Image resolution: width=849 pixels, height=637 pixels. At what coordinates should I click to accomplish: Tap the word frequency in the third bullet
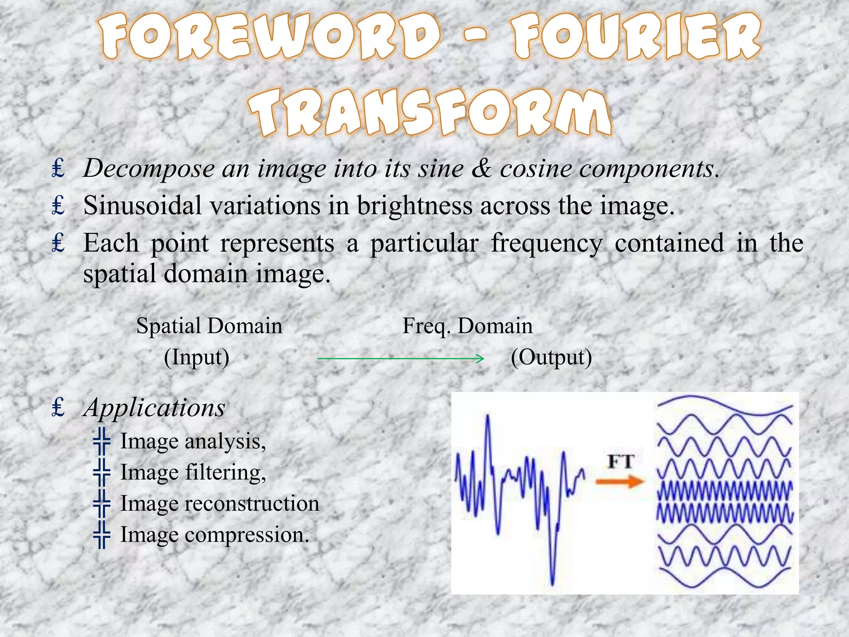click(x=547, y=243)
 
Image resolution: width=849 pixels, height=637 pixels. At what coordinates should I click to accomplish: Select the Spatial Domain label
click(x=209, y=326)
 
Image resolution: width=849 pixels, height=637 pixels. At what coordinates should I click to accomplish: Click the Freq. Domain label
click(x=468, y=326)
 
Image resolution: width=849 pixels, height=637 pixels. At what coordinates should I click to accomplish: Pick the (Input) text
click(x=196, y=357)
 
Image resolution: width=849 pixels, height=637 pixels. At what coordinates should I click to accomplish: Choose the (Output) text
click(x=551, y=357)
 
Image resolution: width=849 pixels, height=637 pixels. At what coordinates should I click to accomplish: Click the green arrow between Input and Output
click(x=400, y=358)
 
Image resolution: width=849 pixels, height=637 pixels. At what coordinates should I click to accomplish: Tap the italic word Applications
click(x=154, y=408)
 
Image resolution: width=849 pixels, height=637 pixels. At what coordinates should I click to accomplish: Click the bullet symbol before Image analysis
click(x=102, y=441)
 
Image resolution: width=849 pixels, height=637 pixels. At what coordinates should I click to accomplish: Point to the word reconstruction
click(x=252, y=503)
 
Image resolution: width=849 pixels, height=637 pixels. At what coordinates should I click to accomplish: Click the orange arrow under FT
click(x=620, y=481)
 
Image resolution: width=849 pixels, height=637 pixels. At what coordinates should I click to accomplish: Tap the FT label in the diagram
click(x=621, y=462)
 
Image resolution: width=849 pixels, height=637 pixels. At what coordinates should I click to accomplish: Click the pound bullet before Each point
click(x=58, y=243)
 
